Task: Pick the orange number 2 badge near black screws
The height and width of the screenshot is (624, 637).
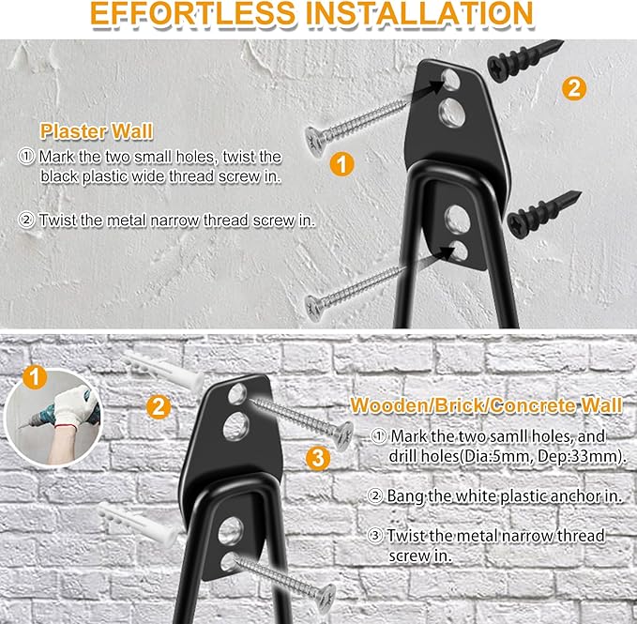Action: pyautogui.click(x=574, y=89)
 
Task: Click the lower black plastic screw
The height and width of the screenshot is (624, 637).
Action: pyautogui.click(x=543, y=214)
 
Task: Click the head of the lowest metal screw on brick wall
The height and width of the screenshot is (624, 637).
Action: pyautogui.click(x=324, y=592)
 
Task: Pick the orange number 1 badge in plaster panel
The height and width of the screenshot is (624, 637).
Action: pyautogui.click(x=343, y=164)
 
